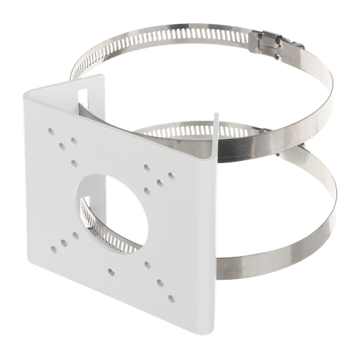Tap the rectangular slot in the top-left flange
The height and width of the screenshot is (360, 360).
click(x=91, y=97)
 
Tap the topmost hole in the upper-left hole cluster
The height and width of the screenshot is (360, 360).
click(x=51, y=129)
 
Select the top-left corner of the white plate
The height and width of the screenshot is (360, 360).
click(x=28, y=94)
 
